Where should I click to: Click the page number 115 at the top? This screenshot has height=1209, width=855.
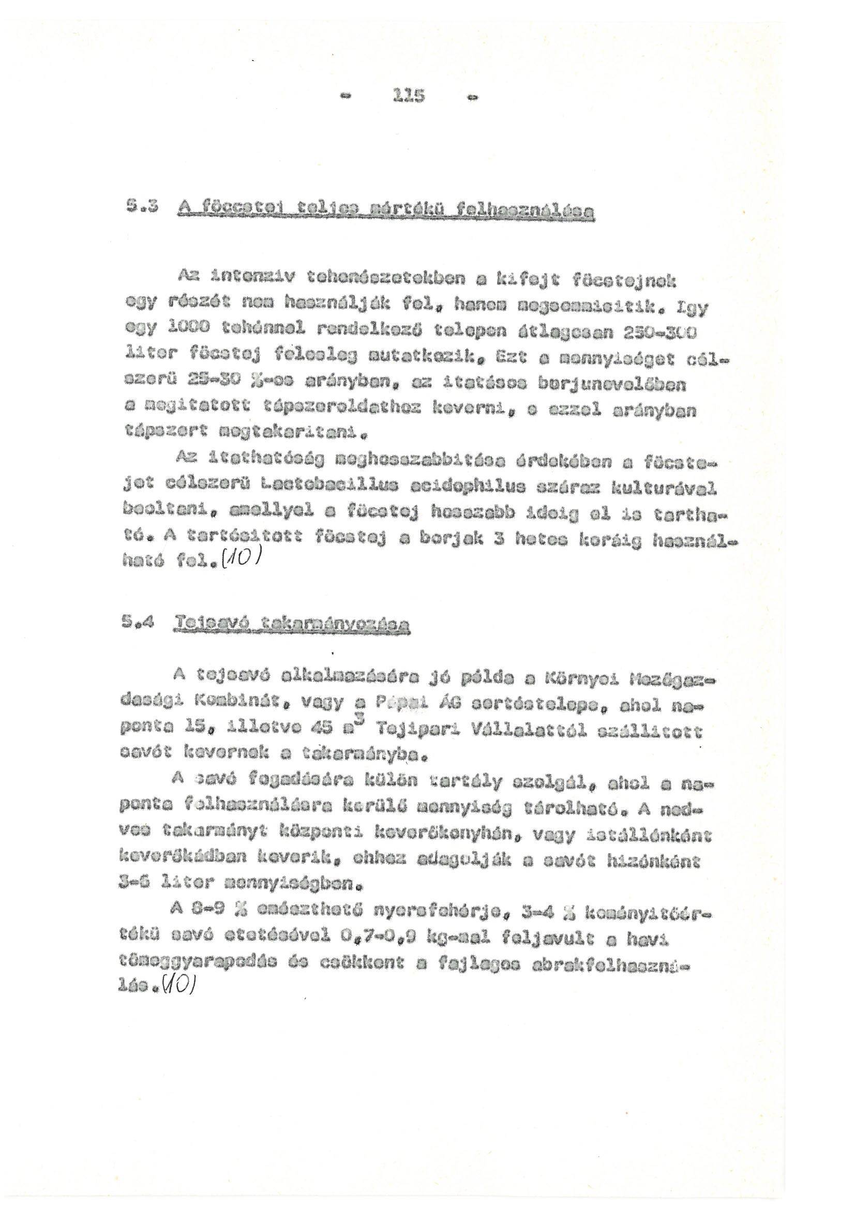[x=409, y=96]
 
